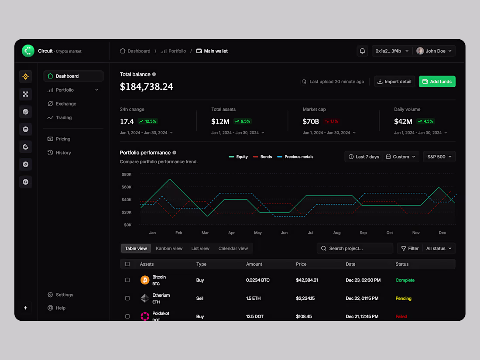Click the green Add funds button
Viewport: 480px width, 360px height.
(437, 82)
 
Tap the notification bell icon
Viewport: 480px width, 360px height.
(362, 51)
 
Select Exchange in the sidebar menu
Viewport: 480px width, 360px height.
(66, 104)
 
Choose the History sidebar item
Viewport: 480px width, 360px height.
(63, 153)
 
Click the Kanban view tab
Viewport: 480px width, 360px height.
(169, 248)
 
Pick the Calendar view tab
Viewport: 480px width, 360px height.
(233, 248)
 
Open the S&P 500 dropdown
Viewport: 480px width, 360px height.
(439, 157)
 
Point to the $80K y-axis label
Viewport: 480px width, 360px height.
(127, 175)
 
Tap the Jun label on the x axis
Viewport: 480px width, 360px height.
(284, 233)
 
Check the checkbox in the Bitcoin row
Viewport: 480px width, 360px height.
(127, 280)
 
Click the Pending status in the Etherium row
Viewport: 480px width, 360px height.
(403, 298)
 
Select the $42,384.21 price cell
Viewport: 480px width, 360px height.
(307, 280)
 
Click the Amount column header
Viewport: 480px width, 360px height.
(254, 264)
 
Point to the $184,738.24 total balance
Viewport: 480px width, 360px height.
(147, 87)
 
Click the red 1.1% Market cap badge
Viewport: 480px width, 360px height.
(331, 121)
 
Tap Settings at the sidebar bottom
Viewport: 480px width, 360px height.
(64, 295)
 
